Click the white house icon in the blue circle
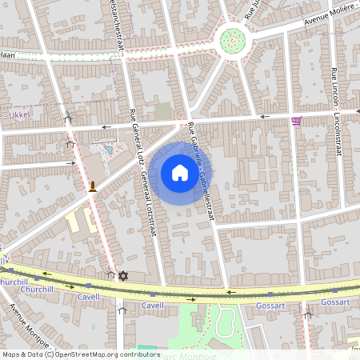179,172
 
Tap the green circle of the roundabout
232,38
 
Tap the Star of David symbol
122,276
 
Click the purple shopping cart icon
297,121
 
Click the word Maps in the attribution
12,354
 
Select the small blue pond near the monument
106,149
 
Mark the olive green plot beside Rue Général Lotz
163,111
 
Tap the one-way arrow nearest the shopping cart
265,117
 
